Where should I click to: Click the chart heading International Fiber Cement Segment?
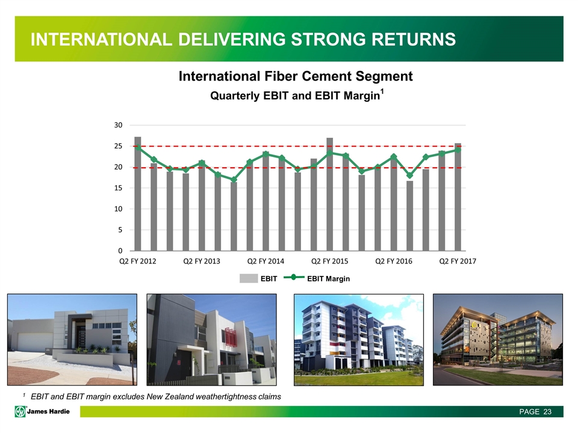296,76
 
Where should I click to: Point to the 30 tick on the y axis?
118,125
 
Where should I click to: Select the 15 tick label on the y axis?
118,188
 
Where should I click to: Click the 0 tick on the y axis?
120,251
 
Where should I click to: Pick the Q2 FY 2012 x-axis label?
138,261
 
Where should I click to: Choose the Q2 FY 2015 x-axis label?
329,261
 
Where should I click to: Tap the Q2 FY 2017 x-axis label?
458,261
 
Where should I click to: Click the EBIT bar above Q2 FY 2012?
137,194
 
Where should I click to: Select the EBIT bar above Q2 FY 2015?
329,194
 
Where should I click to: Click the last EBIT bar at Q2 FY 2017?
458,197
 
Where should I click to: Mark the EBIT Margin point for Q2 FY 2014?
266,154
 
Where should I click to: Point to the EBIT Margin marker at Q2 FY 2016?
394,156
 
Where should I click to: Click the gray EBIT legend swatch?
249,278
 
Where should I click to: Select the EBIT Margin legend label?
329,278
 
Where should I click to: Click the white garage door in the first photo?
35,342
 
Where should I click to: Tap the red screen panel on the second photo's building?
231,336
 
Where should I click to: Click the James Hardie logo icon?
20,411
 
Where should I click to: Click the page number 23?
547,411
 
